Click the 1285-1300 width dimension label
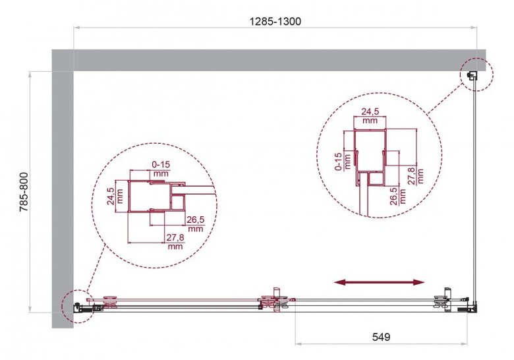[275, 21]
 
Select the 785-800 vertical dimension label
[24, 192]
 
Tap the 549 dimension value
[382, 337]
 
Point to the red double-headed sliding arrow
[379, 282]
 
